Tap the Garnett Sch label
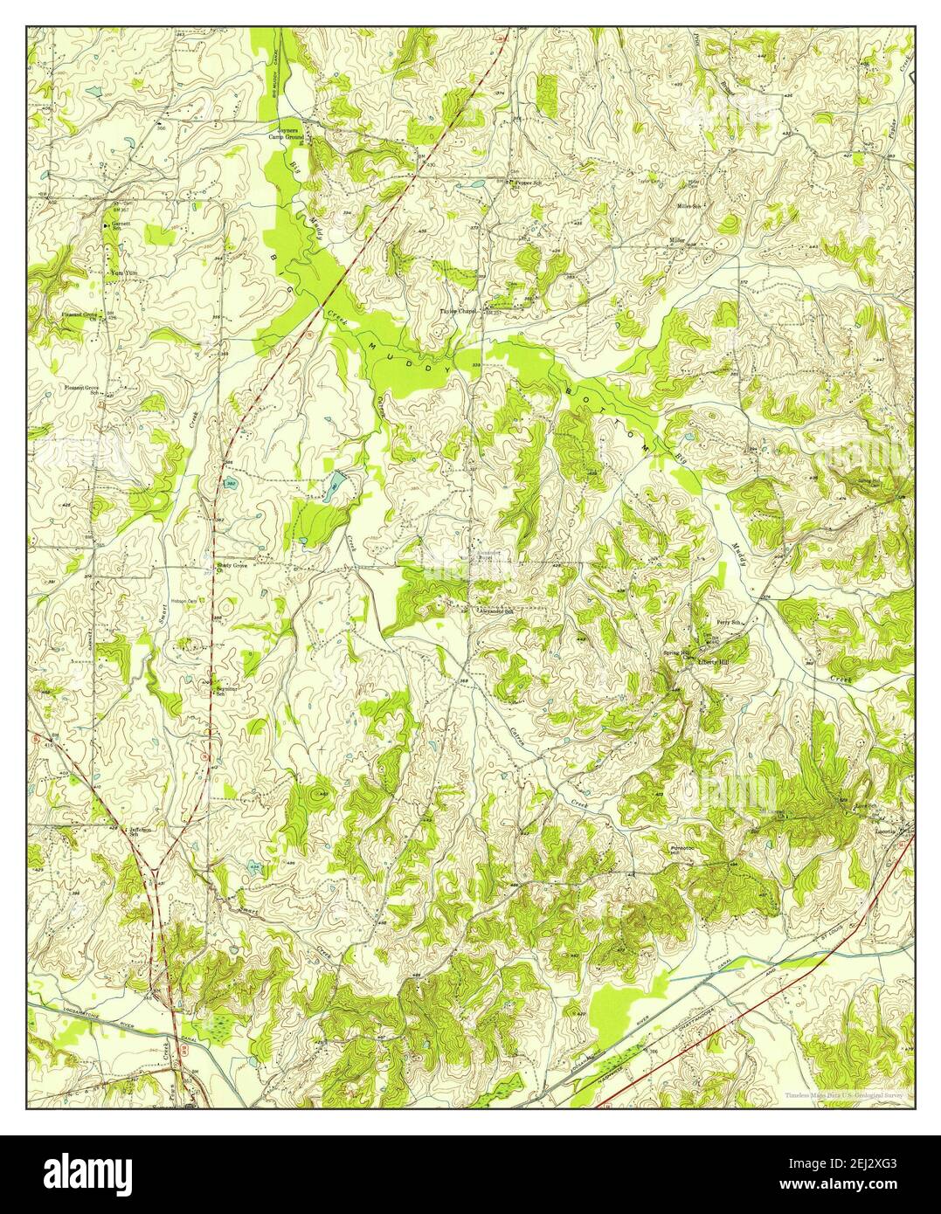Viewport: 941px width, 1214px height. pyautogui.click(x=120, y=227)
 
